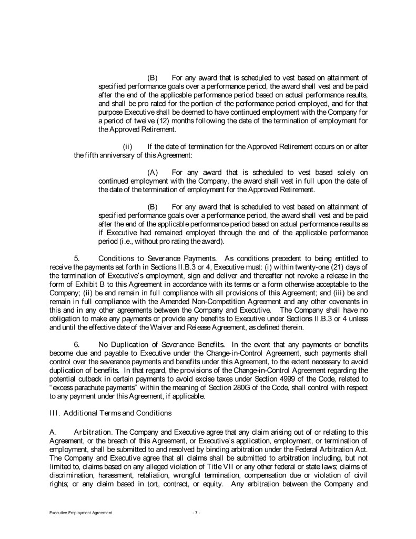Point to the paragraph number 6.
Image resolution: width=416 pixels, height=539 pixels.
coord(77,344)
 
